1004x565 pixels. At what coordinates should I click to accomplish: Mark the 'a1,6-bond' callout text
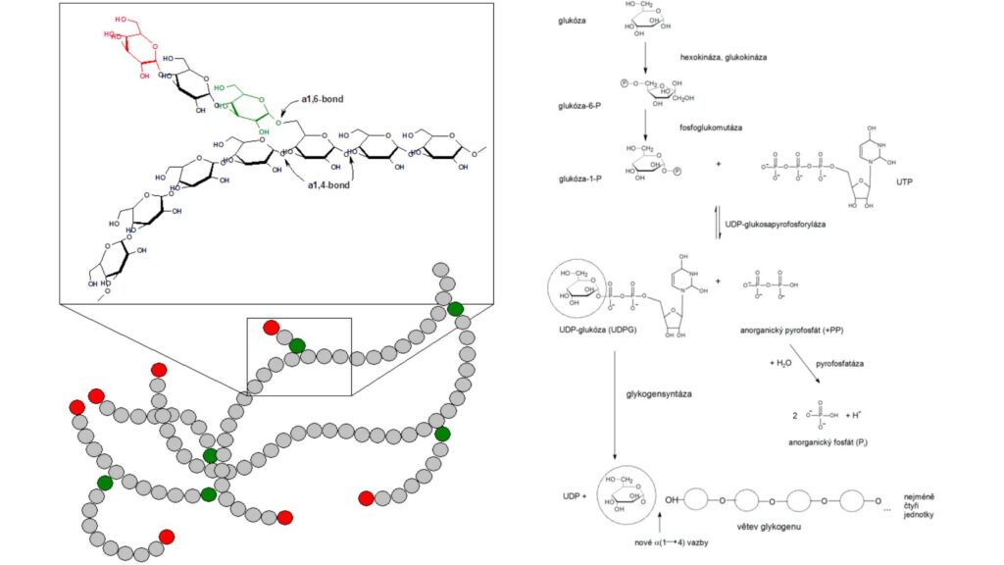323,99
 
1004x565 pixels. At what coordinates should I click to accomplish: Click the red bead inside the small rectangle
272,328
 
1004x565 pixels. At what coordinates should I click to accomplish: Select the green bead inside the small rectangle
296,344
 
